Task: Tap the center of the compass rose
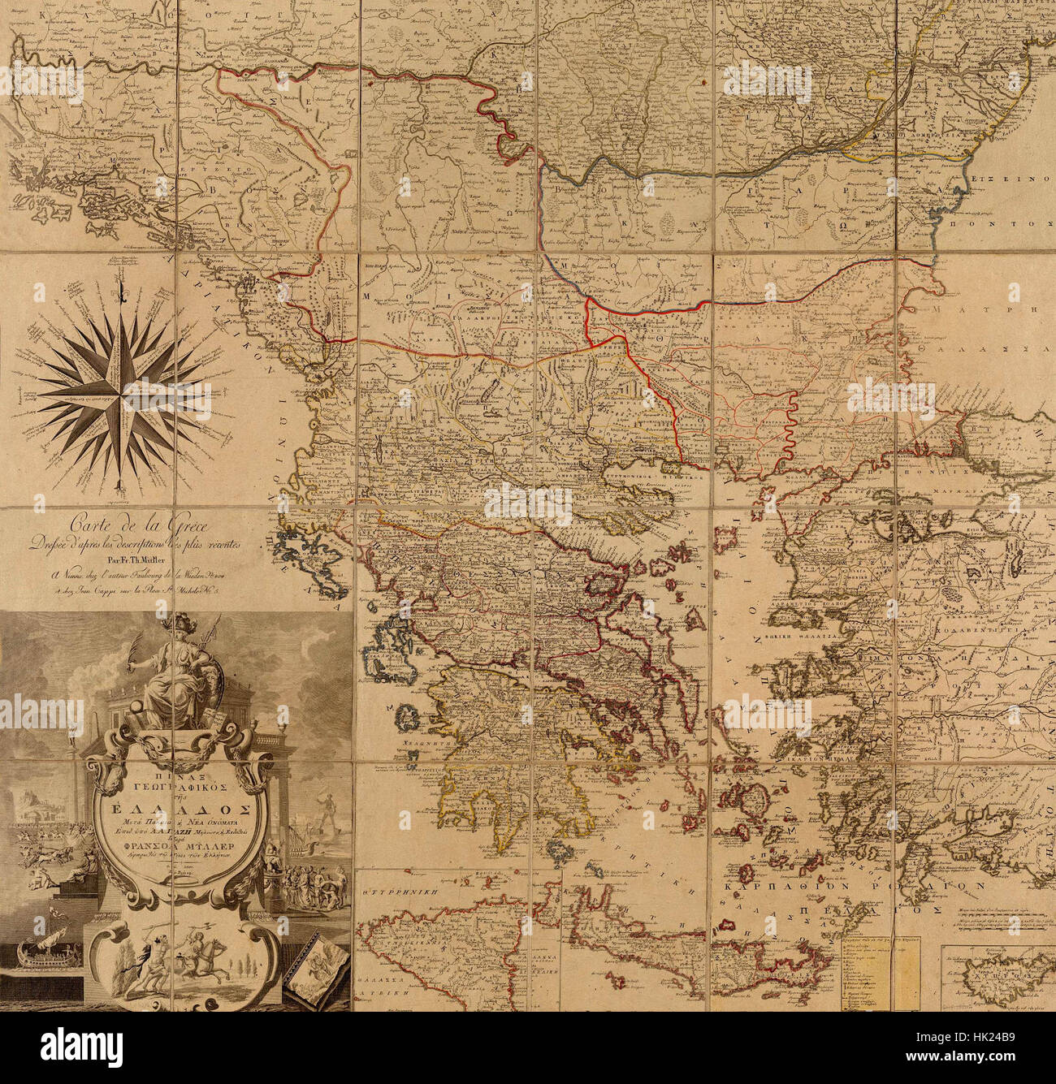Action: tap(122, 388)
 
